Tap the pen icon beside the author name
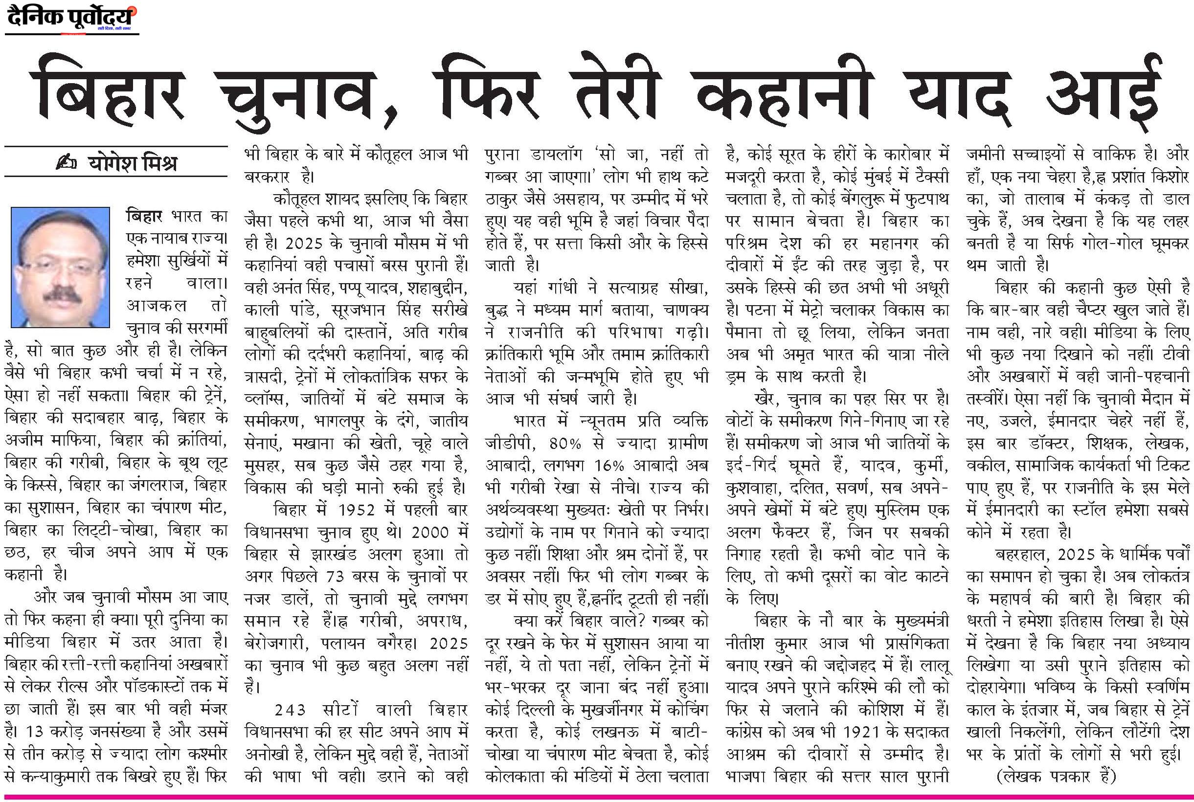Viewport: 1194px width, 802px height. [x=66, y=163]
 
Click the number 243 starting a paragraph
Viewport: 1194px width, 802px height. [x=290, y=710]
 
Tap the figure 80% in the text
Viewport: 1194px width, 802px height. [x=565, y=443]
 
